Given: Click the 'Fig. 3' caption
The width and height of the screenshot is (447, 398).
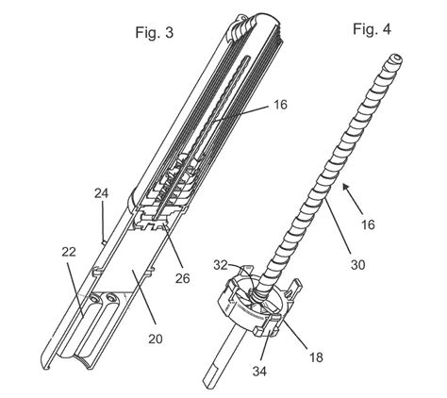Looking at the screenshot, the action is (x=154, y=32).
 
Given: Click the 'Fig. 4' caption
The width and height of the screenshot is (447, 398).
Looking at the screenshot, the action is (x=372, y=29).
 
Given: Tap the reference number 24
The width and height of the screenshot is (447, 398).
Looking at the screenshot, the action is (x=101, y=193).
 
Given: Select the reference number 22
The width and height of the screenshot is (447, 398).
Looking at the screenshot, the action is (x=69, y=252).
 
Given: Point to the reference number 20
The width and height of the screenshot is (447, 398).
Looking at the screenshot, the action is (x=156, y=339).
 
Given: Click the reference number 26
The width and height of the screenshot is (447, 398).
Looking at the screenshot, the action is (x=183, y=278).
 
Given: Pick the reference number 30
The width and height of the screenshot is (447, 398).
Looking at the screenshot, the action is (x=358, y=265).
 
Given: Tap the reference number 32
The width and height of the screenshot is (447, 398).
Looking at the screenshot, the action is (x=221, y=265).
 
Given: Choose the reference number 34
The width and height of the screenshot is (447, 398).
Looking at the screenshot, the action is (x=259, y=372).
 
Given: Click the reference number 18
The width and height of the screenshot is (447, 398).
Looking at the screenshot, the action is (x=316, y=357).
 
